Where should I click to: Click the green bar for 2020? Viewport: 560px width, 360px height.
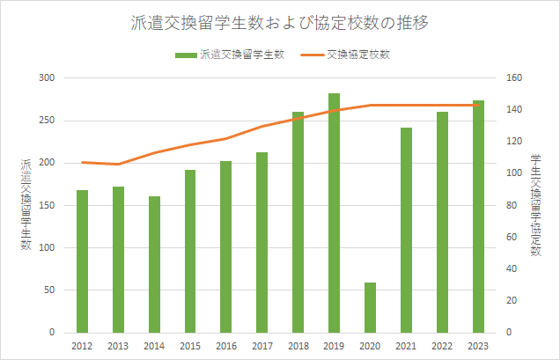[x=371, y=307]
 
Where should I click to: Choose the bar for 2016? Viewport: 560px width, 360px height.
[x=226, y=246]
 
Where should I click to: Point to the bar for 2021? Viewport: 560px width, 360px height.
[x=407, y=230]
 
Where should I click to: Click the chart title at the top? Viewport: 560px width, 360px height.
[x=279, y=23]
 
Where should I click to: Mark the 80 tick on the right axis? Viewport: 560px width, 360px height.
[x=512, y=205]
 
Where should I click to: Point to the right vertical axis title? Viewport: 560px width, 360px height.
[x=535, y=204]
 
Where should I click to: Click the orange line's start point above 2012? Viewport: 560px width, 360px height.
[x=83, y=162]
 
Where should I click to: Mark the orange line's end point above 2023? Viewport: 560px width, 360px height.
[x=479, y=106]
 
